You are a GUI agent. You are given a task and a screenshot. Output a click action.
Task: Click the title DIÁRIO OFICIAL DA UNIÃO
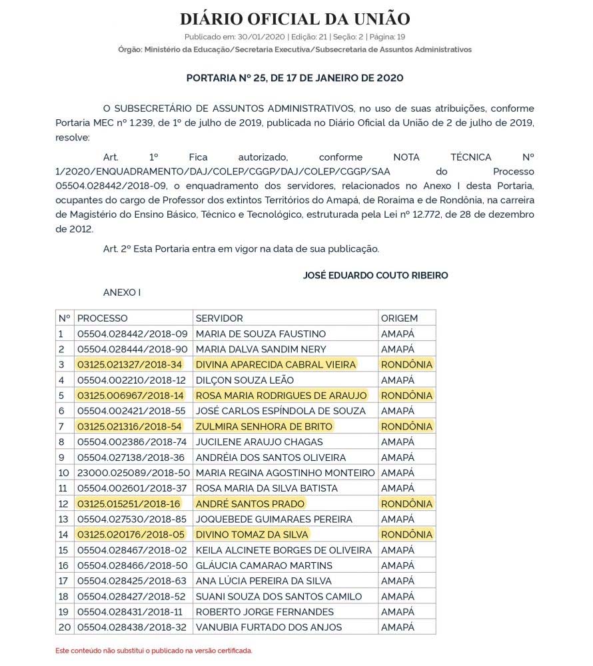pyautogui.click(x=295, y=19)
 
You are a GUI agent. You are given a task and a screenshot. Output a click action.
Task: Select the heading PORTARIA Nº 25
pyautogui.click(x=295, y=78)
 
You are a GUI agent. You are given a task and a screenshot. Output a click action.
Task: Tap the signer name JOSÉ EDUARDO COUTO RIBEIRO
pyautogui.click(x=375, y=275)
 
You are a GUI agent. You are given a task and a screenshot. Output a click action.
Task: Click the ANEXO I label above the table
pyautogui.click(x=122, y=292)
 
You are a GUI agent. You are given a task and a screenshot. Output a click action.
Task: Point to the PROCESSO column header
pyautogui.click(x=103, y=318)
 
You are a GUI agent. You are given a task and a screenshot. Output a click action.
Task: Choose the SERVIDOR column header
pyautogui.click(x=219, y=318)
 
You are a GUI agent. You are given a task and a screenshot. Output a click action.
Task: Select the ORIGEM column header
pyautogui.click(x=399, y=318)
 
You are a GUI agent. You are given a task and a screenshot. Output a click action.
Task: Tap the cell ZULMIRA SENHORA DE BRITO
pyautogui.click(x=263, y=426)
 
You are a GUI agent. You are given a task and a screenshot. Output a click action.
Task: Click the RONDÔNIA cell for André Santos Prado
pyautogui.click(x=406, y=503)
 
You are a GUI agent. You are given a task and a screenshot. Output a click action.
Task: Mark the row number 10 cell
pyautogui.click(x=65, y=473)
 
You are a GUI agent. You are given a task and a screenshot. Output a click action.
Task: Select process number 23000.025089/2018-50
pyautogui.click(x=133, y=473)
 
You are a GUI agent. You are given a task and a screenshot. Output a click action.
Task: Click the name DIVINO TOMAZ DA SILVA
pyautogui.click(x=253, y=534)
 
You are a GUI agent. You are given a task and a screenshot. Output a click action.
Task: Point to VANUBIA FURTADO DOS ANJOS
pyautogui.click(x=269, y=627)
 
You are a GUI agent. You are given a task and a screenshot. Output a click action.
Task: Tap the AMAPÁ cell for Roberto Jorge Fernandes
pyautogui.click(x=398, y=611)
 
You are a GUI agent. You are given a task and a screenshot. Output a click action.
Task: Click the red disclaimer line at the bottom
pyautogui.click(x=154, y=650)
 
